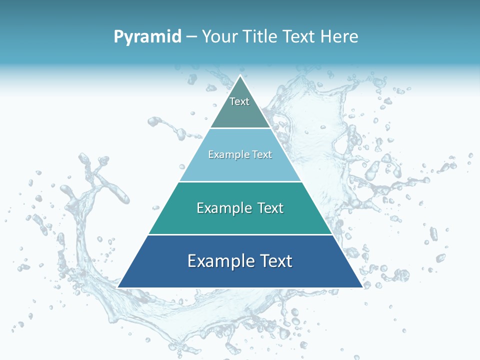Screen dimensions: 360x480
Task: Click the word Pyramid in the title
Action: [x=147, y=36]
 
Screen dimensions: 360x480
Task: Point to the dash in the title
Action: [x=191, y=37]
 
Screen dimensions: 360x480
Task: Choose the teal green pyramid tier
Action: [x=240, y=220]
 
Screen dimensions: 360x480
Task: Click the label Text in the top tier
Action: [x=239, y=101]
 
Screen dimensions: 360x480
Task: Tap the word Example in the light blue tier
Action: [x=227, y=155]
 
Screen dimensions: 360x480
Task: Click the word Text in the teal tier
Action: [x=269, y=208]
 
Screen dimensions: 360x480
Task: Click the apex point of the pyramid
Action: [x=240, y=76]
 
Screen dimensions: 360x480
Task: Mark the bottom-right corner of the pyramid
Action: [x=362, y=287]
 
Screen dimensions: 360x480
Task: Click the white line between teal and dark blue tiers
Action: [x=240, y=234]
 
